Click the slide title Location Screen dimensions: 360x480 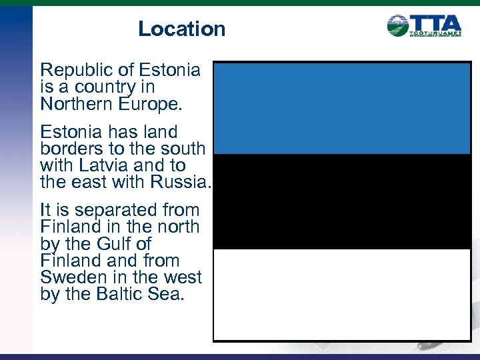pyautogui.click(x=181, y=29)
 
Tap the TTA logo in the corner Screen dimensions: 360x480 pyautogui.click(x=424, y=26)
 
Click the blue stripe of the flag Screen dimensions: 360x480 pyautogui.click(x=342, y=109)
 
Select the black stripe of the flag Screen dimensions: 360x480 pyautogui.click(x=342, y=201)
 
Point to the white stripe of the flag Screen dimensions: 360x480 pyautogui.click(x=342, y=294)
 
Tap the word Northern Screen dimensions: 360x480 pyautogui.click(x=75, y=104)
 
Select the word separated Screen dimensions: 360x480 pyautogui.click(x=110, y=210)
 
